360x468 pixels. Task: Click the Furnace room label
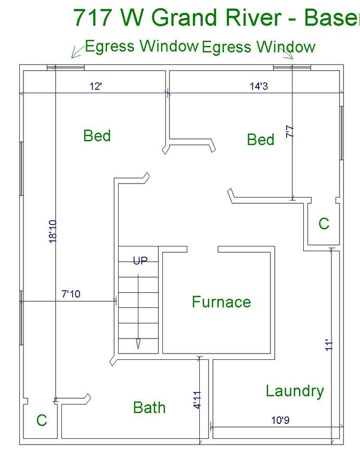pyautogui.click(x=221, y=302)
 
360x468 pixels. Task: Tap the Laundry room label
pyautogui.click(x=294, y=391)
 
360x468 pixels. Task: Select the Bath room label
pyautogui.click(x=149, y=407)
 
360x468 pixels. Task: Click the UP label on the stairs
pyautogui.click(x=140, y=261)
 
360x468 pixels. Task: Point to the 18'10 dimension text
pyautogui.click(x=53, y=231)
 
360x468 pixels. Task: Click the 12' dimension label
pyautogui.click(x=96, y=86)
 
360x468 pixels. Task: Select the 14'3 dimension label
pyautogui.click(x=259, y=86)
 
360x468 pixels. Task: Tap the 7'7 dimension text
pyautogui.click(x=290, y=132)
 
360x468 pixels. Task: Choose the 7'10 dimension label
pyautogui.click(x=71, y=294)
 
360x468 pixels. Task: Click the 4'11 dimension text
pyautogui.click(x=197, y=400)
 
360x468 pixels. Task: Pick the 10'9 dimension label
pyautogui.click(x=280, y=420)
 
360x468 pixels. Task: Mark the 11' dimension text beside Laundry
pyautogui.click(x=329, y=345)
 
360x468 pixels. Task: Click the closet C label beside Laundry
pyautogui.click(x=324, y=223)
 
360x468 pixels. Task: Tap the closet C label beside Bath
pyautogui.click(x=42, y=420)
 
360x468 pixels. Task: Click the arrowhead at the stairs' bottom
pyautogui.click(x=138, y=344)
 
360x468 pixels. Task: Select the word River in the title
pyautogui.click(x=253, y=17)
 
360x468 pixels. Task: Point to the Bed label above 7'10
pyautogui.click(x=97, y=136)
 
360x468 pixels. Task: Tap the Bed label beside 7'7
pyautogui.click(x=261, y=139)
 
